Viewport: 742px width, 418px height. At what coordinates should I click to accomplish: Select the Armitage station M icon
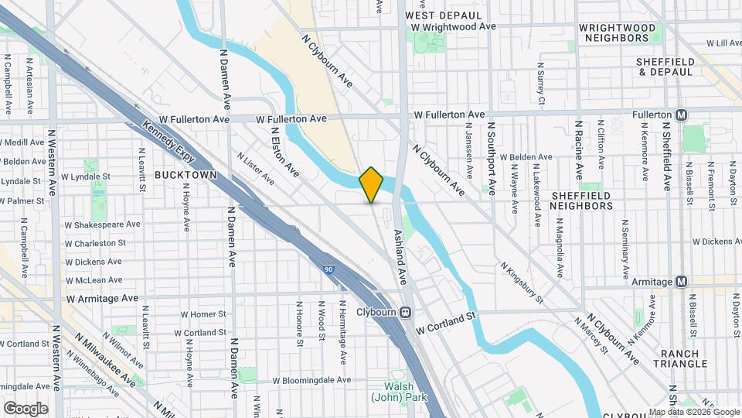point(682,282)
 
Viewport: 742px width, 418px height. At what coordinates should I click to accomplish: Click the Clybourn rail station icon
point(406,312)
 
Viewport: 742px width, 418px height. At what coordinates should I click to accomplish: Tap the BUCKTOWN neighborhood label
point(183,175)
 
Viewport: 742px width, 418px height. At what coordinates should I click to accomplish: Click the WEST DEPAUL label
point(437,15)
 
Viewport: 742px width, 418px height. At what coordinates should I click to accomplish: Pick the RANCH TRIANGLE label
point(679,358)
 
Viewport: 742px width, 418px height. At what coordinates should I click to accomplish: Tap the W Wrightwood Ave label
point(453,26)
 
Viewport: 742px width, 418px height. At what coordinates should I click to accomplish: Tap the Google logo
point(26,408)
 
